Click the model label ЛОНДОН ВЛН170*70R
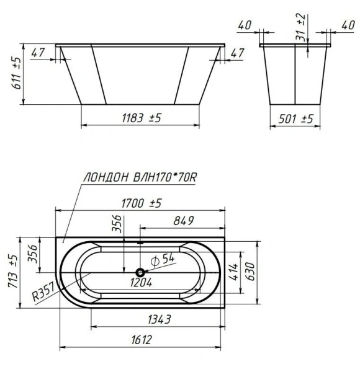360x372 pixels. pyautogui.click(x=140, y=177)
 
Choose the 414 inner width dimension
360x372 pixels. pyautogui.click(x=234, y=271)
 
